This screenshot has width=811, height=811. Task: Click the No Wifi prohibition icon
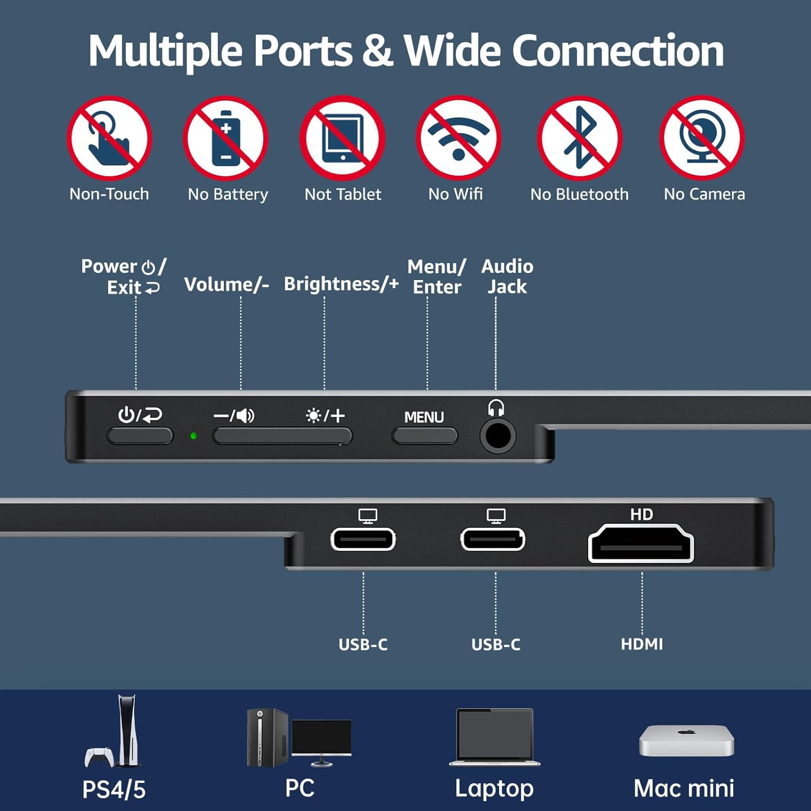point(458,138)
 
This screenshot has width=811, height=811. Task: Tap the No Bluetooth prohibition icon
point(580,138)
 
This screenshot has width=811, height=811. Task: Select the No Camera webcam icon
point(702,138)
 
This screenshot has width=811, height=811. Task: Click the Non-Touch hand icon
point(109,138)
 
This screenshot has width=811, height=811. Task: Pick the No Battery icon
point(226,138)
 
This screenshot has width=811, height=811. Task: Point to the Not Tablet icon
point(343,138)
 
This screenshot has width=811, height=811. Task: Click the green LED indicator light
point(194,436)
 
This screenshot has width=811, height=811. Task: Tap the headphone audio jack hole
point(497,436)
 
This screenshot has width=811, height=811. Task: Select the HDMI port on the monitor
point(641,544)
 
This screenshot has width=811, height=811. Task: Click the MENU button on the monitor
point(425,435)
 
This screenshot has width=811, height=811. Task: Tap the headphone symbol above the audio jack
point(496,408)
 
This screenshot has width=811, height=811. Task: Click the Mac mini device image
point(686,740)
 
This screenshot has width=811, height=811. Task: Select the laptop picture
point(495,736)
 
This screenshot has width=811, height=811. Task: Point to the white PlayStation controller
point(98,756)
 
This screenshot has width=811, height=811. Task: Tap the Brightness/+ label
point(341,284)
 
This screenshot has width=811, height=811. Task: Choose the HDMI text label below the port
point(642,644)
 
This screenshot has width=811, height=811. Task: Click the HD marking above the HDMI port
point(641,514)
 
